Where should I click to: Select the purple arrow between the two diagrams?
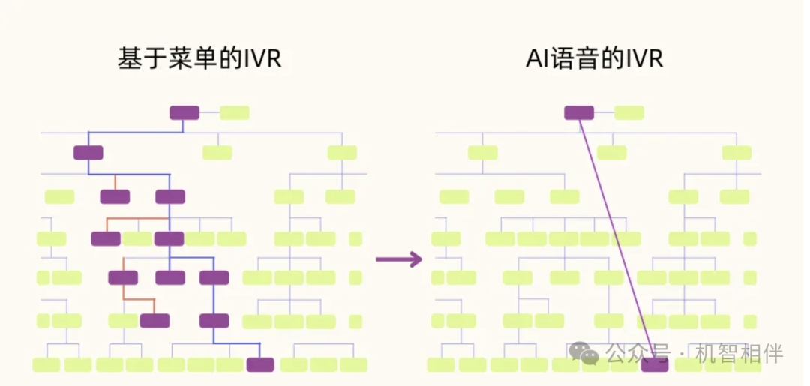click(x=398, y=259)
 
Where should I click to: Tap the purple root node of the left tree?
click(x=184, y=113)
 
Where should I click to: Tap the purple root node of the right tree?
click(x=579, y=113)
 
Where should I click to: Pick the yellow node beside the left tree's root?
click(x=234, y=113)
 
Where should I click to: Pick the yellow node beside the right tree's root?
click(x=628, y=113)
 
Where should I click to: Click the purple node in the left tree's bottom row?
click(x=260, y=365)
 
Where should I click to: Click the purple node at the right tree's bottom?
click(x=654, y=365)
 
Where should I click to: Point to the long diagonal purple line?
click(x=615, y=240)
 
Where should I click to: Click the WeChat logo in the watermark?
click(x=583, y=352)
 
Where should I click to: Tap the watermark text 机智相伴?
click(x=739, y=352)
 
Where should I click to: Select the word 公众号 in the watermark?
click(x=637, y=352)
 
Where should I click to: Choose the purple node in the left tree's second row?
click(x=88, y=153)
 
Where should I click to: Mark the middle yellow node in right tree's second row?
click(x=612, y=153)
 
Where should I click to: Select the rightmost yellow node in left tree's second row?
click(x=342, y=153)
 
